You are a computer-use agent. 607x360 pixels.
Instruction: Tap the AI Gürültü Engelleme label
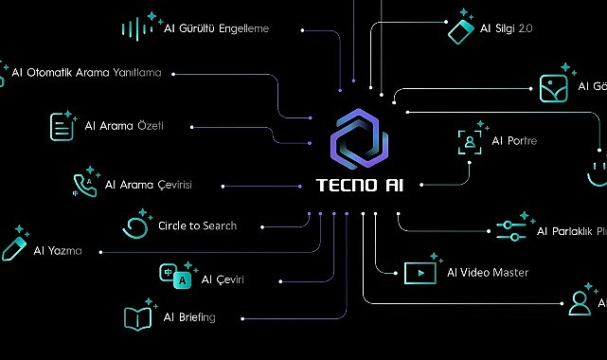click(216, 28)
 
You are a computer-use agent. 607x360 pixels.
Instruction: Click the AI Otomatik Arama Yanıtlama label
click(87, 72)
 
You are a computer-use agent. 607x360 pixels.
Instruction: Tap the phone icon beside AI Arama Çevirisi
click(84, 184)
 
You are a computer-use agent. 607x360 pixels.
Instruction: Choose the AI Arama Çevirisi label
click(149, 185)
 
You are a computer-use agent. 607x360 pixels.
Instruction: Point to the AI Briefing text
click(189, 317)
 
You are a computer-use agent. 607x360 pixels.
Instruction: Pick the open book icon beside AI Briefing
click(138, 317)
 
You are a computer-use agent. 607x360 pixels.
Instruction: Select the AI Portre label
click(514, 141)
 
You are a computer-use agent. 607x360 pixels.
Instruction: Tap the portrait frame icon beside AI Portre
click(469, 141)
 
